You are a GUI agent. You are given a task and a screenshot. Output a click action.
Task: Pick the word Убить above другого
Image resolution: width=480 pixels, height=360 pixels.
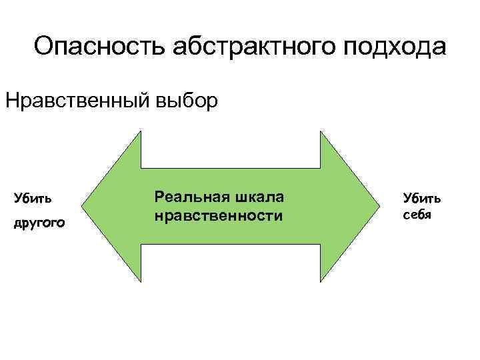pos(34,198)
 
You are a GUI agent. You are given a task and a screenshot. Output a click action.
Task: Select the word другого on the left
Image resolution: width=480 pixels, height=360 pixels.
pos(39,224)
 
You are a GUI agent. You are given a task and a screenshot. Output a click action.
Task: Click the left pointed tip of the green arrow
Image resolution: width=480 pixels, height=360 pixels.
pos(85,206)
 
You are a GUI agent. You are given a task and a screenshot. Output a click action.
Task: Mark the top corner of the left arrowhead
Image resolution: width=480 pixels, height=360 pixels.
pos(141,131)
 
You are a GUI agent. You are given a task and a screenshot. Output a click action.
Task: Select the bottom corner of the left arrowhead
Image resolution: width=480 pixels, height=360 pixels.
pos(141,281)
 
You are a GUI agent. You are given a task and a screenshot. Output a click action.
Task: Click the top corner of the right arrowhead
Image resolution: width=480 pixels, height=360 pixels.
pos(321,131)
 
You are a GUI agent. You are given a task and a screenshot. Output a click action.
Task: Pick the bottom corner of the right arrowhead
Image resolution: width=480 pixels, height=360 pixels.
pos(321,281)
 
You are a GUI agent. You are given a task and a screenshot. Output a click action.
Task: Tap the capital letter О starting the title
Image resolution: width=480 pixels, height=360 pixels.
pos(44,48)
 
